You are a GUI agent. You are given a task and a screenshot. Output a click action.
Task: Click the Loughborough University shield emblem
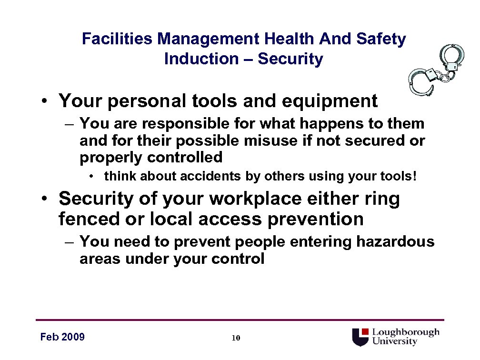361,337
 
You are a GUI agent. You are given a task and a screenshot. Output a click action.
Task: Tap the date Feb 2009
62,337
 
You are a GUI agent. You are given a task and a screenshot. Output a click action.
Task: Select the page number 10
235,339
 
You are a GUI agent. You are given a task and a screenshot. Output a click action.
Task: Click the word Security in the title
290,59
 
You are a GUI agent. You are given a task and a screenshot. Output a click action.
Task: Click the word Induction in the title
201,59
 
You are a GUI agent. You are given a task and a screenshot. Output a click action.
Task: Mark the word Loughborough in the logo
405,332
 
